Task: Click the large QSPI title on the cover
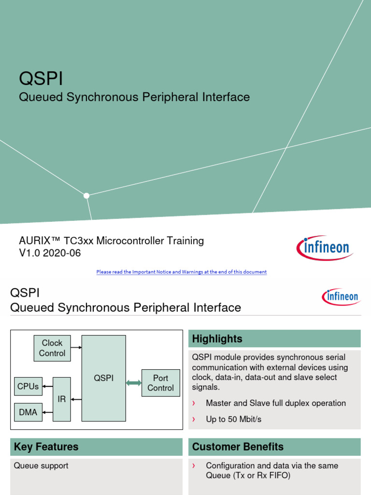tap(41, 79)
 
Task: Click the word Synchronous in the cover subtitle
tap(102, 97)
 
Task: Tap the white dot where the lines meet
tap(86, 196)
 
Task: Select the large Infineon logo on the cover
tap(325, 248)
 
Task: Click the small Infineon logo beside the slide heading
tap(340, 296)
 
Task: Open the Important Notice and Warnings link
tap(181, 272)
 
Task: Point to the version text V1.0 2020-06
tap(50, 253)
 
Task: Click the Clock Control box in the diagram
tap(52, 348)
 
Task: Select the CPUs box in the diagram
tap(28, 387)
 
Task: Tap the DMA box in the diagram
tap(28, 412)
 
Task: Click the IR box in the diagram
tap(62, 399)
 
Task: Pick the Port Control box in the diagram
tap(160, 383)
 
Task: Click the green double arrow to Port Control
tap(134, 383)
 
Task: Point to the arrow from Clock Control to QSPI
tap(76, 347)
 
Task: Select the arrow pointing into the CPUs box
tap(47, 387)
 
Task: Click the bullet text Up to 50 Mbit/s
tap(233, 419)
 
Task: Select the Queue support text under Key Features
tap(41, 466)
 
